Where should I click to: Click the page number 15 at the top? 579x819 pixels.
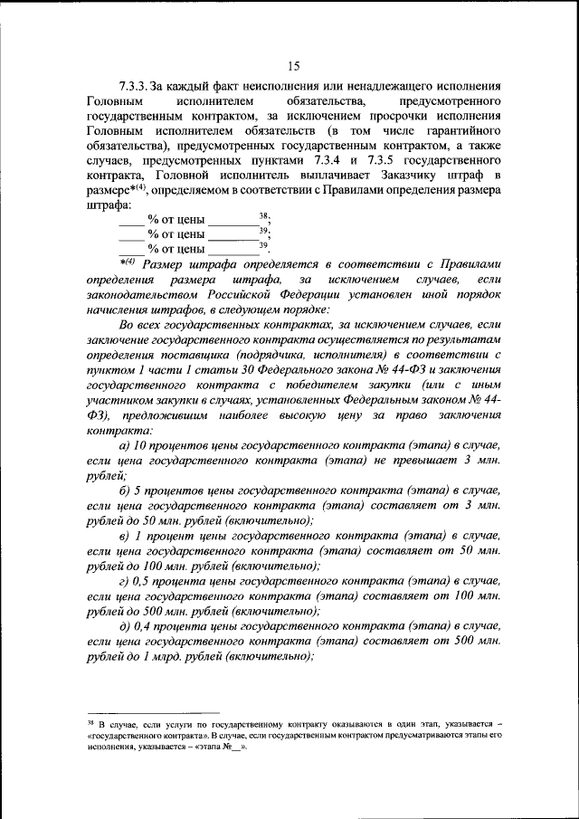pyautogui.click(x=293, y=64)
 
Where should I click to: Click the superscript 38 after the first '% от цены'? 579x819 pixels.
pyautogui.click(x=263, y=214)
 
